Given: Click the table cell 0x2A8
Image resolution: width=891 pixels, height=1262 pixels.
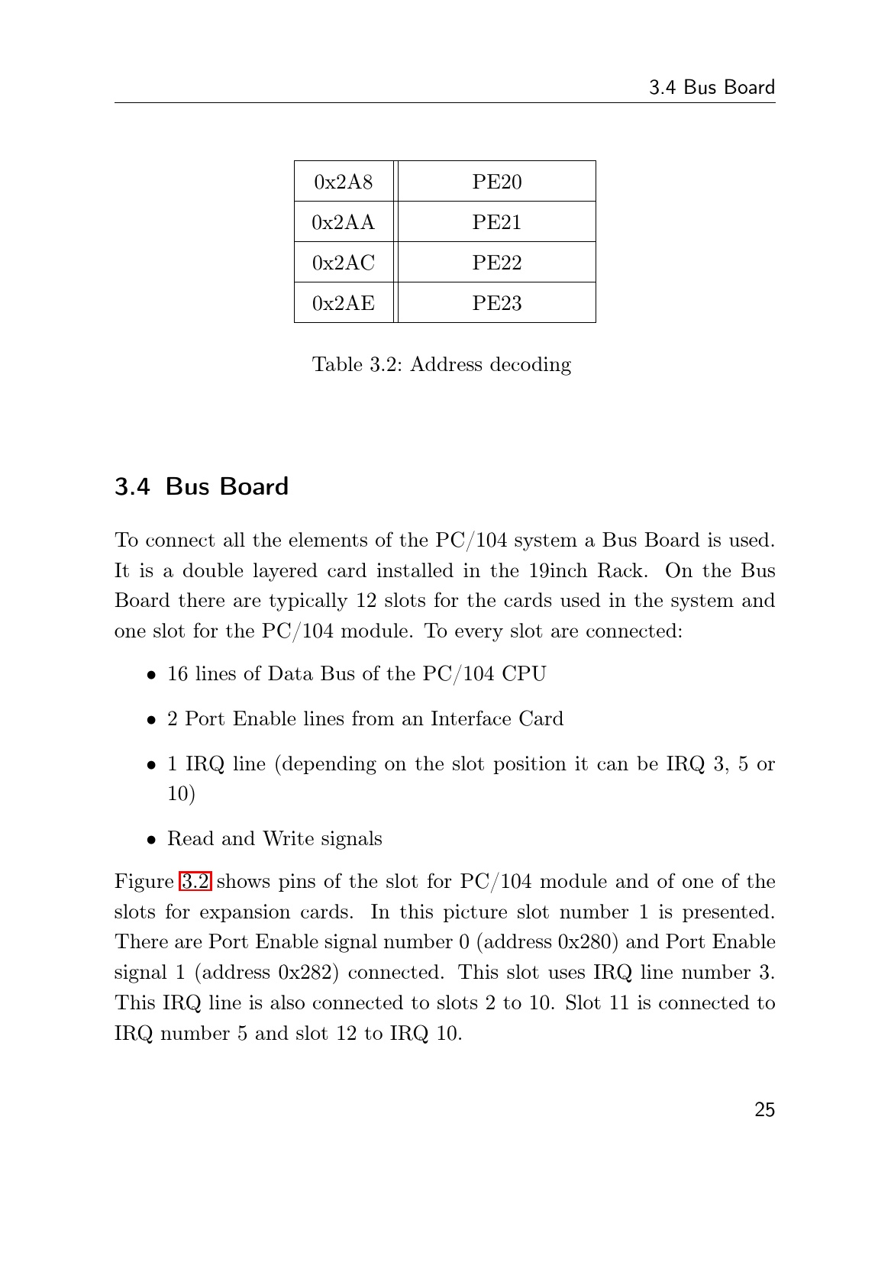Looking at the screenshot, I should click(x=344, y=182).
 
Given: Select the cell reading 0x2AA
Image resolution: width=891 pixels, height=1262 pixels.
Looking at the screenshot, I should click(x=344, y=222).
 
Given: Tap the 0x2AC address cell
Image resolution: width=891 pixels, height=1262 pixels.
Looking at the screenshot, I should click(x=344, y=263).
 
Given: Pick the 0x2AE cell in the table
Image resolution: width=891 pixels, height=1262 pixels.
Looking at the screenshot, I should click(x=344, y=303).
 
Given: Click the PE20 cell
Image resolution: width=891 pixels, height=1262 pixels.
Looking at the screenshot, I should click(x=496, y=182).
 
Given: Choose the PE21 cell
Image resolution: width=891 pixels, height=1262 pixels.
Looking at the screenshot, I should click(x=496, y=222).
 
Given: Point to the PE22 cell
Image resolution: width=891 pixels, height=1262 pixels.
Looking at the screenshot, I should click(x=496, y=263).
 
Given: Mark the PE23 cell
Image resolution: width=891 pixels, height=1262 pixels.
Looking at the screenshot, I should click(x=496, y=303).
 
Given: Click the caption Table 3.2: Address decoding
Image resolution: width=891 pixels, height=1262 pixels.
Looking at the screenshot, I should click(x=441, y=365).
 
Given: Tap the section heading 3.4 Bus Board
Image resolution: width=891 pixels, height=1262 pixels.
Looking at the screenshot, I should click(x=202, y=486).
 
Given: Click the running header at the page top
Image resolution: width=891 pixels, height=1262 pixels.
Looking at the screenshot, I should click(x=712, y=88).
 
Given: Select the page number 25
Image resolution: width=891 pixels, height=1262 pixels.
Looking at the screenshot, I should click(x=764, y=1110).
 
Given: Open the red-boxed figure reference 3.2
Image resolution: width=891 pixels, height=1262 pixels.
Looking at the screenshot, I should click(x=195, y=882).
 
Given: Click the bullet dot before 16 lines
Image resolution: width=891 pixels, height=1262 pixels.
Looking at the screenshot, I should click(x=153, y=675).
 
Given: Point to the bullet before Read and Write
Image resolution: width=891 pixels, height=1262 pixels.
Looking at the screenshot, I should click(x=153, y=840).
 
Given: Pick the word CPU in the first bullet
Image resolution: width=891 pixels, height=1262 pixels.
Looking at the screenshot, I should click(x=525, y=674).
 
